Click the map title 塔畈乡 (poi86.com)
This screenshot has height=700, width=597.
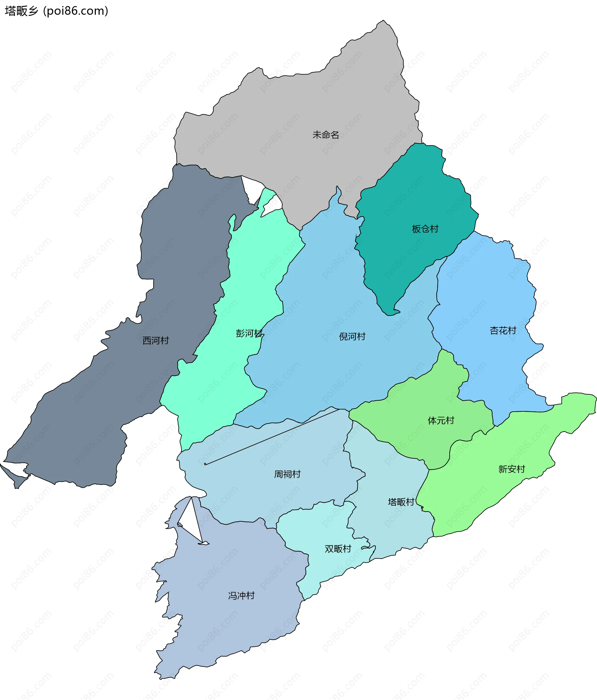pyautogui.click(x=57, y=11)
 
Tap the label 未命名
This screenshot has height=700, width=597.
pyautogui.click(x=326, y=135)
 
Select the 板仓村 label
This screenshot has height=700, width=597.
pyautogui.click(x=425, y=229)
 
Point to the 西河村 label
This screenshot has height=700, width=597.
pyautogui.click(x=155, y=341)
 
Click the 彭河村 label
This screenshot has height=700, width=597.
pyautogui.click(x=249, y=333)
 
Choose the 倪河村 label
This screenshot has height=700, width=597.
pyautogui.click(x=352, y=336)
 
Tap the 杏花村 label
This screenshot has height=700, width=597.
pyautogui.click(x=503, y=330)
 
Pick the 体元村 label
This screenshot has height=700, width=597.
pyautogui.click(x=441, y=421)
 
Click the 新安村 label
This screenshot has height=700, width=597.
pyautogui.click(x=511, y=469)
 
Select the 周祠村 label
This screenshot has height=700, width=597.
pyautogui.click(x=287, y=474)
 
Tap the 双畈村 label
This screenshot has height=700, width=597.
pyautogui.click(x=338, y=549)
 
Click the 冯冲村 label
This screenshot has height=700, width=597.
pyautogui.click(x=241, y=596)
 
